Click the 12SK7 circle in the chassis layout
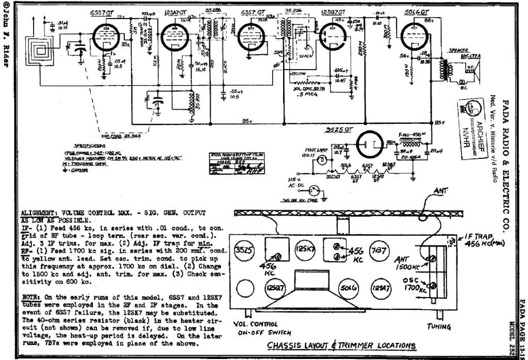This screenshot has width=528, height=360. point(304,250)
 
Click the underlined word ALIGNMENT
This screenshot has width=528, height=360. point(39,212)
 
